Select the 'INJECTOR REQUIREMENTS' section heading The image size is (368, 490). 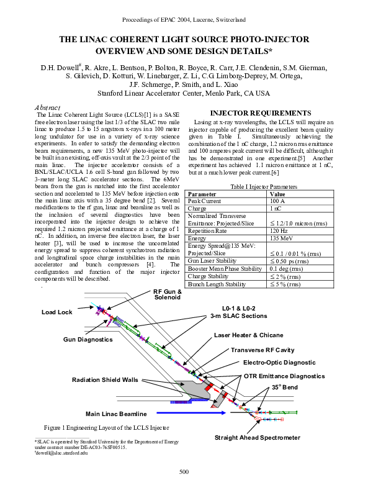[x=255, y=113]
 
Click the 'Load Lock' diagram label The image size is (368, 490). [x=57, y=312]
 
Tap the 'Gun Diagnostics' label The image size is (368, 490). [x=88, y=339]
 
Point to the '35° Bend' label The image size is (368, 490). [x=284, y=387]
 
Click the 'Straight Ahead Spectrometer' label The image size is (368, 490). [x=257, y=438]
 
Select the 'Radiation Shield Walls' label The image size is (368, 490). [x=105, y=379]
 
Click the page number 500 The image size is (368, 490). [x=184, y=473]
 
